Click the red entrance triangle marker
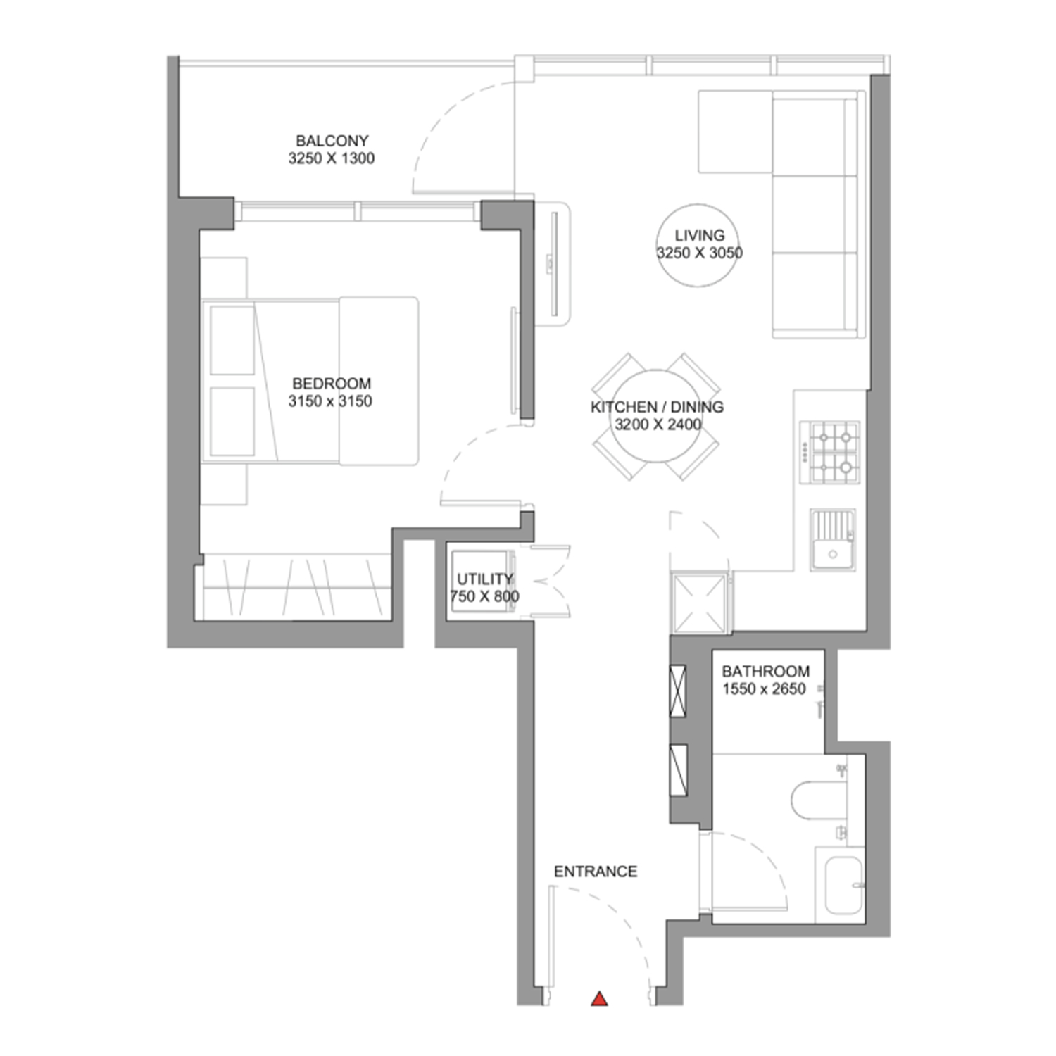coord(599,998)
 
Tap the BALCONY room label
coord(332,141)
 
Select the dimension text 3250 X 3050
coord(699,253)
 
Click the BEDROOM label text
coord(332,384)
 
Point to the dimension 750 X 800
coord(484,596)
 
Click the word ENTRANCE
coord(596,872)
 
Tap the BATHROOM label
coord(766,671)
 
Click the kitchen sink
coord(833,539)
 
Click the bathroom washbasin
coord(841,886)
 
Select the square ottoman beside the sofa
coord(736,131)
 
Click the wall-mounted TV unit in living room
coord(553,265)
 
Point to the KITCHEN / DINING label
coord(657,407)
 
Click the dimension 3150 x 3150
coord(330,401)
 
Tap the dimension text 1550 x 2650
coord(764,689)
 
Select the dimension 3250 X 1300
coord(332,158)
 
